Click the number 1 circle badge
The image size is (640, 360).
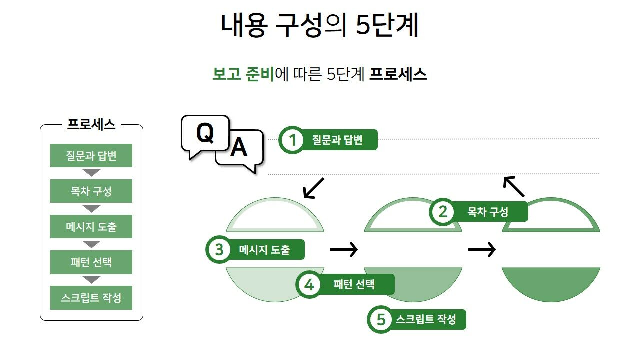[293, 140]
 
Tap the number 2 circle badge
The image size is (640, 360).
[442, 212]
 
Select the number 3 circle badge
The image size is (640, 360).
[219, 249]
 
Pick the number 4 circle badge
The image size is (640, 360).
[309, 285]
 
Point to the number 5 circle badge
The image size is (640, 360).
[381, 319]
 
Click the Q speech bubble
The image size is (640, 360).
[205, 134]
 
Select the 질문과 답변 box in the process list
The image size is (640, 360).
[91, 156]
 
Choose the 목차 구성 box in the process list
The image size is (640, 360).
[91, 191]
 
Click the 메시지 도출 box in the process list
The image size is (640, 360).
[91, 227]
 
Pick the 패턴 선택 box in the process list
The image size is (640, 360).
[91, 262]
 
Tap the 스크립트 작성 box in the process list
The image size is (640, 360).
[91, 298]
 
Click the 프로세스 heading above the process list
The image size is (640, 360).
[91, 125]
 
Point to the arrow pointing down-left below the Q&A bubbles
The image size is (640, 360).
[313, 188]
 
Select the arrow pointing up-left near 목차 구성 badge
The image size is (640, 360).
[514, 186]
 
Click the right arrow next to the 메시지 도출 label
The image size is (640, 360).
[344, 249]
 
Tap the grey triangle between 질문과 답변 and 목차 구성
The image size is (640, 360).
[91, 173]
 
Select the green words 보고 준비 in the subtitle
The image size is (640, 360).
[243, 74]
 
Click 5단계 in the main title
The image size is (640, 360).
[387, 26]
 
